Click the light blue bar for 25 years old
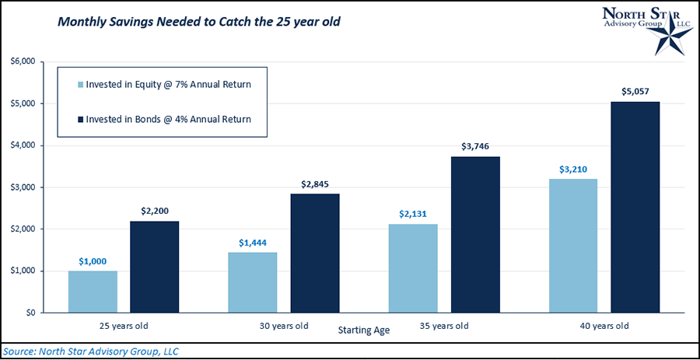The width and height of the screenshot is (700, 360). point(93,292)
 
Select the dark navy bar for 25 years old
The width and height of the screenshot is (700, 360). point(154,267)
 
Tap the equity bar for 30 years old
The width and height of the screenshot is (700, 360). point(253,282)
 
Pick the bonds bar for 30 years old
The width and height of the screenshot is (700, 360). point(314,253)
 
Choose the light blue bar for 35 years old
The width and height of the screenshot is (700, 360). point(413,268)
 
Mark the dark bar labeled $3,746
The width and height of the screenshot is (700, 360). point(475,234)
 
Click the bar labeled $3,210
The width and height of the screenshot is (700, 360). point(572,246)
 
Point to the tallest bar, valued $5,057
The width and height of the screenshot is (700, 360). point(635,207)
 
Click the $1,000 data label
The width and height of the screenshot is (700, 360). point(93,262)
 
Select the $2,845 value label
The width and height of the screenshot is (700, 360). point(314,184)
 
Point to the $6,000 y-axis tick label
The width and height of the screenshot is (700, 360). point(24,61)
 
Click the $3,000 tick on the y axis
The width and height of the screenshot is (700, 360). point(24,187)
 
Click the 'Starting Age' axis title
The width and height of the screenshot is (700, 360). point(363,330)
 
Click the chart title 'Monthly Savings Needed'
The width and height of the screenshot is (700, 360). point(199,23)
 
